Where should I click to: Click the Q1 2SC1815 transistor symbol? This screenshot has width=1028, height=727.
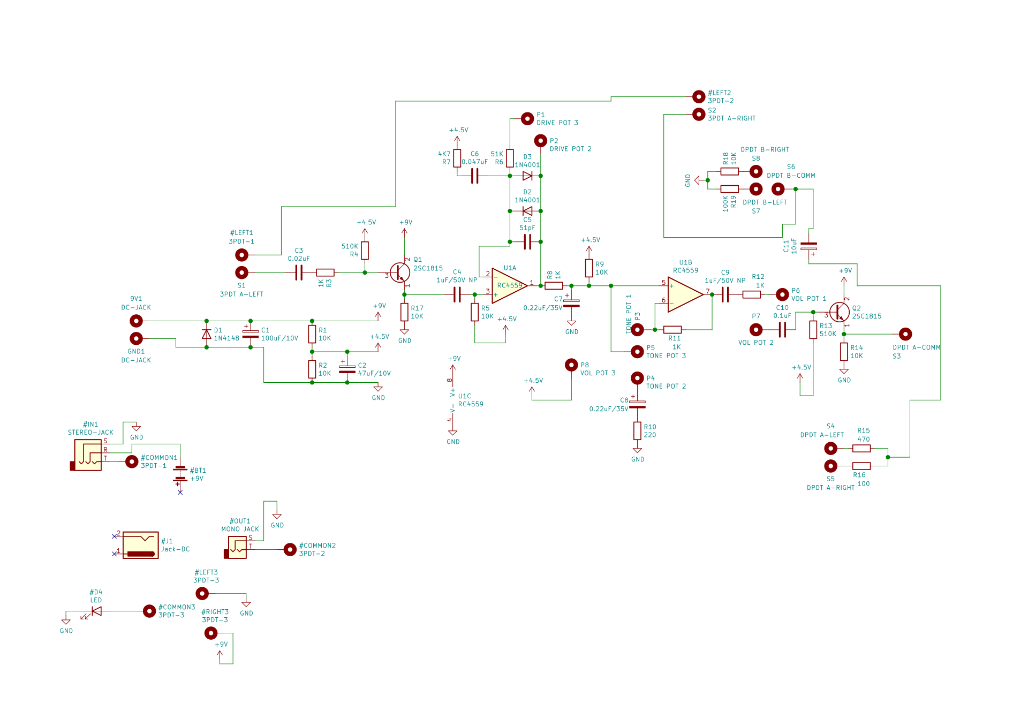(399, 272)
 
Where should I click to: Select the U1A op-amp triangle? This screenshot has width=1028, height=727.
(509, 286)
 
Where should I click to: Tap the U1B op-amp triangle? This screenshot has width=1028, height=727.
(684, 294)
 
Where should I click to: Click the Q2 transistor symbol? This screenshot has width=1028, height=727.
(839, 312)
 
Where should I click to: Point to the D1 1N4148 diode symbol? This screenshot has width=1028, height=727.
(206, 334)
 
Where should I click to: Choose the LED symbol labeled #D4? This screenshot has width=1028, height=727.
(96, 611)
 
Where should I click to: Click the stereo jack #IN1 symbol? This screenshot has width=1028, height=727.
(87, 455)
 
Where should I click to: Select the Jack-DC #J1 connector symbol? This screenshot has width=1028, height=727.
(140, 545)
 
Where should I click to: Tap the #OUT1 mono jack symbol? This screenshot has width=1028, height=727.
(236, 547)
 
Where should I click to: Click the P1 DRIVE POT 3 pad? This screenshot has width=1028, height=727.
(527, 119)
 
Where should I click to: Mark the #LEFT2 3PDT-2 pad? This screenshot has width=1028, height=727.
(699, 96)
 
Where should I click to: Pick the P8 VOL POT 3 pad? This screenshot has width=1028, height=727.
(571, 365)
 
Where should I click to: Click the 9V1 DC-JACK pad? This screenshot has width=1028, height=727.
(137, 321)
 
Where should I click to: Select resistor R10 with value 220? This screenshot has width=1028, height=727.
(637, 430)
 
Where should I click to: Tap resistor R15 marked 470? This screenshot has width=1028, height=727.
(861, 448)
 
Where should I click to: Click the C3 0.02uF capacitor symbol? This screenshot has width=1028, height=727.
(299, 272)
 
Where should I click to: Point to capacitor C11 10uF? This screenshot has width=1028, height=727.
(808, 246)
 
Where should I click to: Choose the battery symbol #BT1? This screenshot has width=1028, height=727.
(180, 474)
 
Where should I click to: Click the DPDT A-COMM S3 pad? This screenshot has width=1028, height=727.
(905, 334)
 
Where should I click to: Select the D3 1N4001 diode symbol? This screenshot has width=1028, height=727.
(527, 176)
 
